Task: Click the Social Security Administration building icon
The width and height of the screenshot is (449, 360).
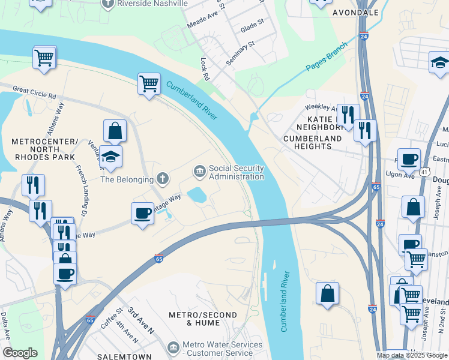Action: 199,172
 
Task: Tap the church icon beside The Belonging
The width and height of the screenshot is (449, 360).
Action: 161,178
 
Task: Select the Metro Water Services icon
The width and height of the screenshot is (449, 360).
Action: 173,347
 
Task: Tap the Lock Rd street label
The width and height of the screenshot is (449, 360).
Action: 205,69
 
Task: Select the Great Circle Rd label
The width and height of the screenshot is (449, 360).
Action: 34,95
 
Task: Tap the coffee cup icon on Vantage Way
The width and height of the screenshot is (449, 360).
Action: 142,213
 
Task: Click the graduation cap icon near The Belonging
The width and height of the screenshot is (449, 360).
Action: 111,157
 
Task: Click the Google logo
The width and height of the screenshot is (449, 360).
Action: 20,353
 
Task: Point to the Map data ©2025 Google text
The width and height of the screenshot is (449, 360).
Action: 411,355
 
